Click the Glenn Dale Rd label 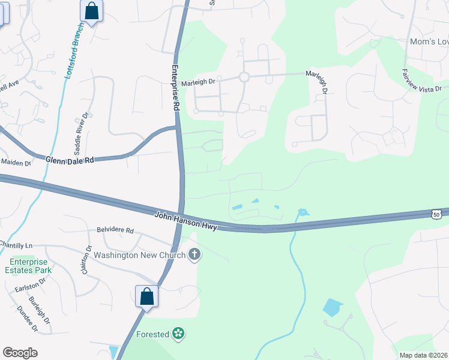pyautogui.click(x=70, y=160)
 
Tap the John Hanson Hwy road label pyautogui.click(x=185, y=220)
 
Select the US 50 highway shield pyautogui.click(x=436, y=214)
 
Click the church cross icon pyautogui.click(x=194, y=255)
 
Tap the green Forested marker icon pyautogui.click(x=178, y=334)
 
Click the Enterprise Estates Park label pyautogui.click(x=30, y=266)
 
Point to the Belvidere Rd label pyautogui.click(x=115, y=230)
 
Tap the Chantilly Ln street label pyautogui.click(x=16, y=245)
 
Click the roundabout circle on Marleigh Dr pyautogui.click(x=244, y=77)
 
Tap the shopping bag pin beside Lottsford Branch pyautogui.click(x=91, y=11)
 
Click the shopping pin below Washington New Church pyautogui.click(x=146, y=296)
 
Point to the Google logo pyautogui.click(x=20, y=353)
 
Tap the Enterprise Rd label pyautogui.click(x=176, y=88)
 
